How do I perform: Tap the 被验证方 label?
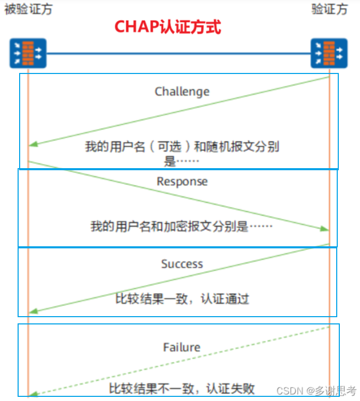click(x=28, y=9)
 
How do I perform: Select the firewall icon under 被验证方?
click(x=28, y=53)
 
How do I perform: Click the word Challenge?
click(x=182, y=92)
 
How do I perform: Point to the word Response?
click(x=182, y=182)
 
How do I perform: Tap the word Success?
click(x=182, y=264)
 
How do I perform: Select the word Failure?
click(x=182, y=347)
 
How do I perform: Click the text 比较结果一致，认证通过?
click(x=182, y=299)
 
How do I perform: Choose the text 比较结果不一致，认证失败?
click(x=182, y=388)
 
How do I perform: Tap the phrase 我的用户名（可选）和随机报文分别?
click(x=182, y=146)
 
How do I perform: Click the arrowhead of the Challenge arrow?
click(x=33, y=145)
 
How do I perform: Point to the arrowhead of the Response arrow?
click(x=325, y=229)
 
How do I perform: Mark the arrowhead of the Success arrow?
click(x=33, y=311)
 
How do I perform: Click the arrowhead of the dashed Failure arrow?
click(x=33, y=394)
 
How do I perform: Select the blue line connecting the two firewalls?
click(x=178, y=53)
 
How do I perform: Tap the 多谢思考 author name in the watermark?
click(x=334, y=390)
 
